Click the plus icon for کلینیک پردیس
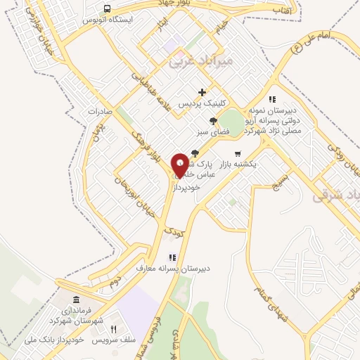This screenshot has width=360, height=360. coord(202,92)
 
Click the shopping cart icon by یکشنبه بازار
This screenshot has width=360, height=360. coord(238,153)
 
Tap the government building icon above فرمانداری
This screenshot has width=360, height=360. coord(76,301)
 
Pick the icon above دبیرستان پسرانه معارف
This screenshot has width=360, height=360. coord(172,257)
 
